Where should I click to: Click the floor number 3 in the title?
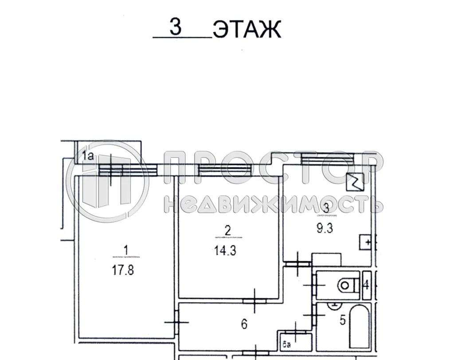[x=176, y=27]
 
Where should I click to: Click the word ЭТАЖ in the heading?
[x=247, y=30]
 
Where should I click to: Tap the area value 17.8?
[x=123, y=270]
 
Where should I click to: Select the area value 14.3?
[x=225, y=251]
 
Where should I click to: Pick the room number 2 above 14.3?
[x=228, y=231]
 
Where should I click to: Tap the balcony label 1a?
[x=89, y=155]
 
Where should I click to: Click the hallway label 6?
[x=244, y=325]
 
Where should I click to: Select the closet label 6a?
[x=287, y=342]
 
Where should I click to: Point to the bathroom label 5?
[x=342, y=320]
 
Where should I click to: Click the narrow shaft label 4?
[x=366, y=285]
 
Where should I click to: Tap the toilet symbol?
[x=348, y=285]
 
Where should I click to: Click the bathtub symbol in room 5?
[x=359, y=326]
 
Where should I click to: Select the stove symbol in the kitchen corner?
[x=356, y=180]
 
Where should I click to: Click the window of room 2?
[x=224, y=170]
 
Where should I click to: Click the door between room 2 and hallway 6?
[x=255, y=301]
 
